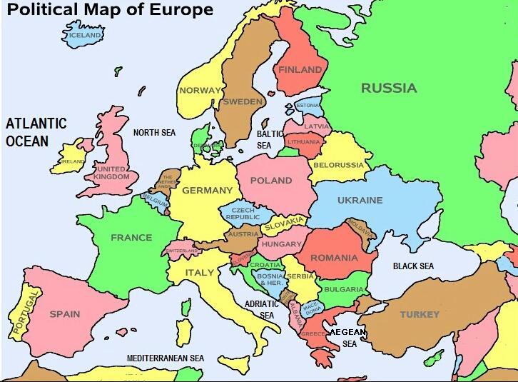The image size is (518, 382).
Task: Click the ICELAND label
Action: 85,35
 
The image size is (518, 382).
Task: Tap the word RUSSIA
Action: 388,89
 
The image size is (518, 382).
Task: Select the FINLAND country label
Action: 300,70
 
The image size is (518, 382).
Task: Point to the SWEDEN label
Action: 243,102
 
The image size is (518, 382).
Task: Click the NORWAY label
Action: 200,91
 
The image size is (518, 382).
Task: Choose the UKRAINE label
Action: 360,201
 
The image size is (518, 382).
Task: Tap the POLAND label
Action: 270,181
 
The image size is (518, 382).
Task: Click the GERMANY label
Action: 207,191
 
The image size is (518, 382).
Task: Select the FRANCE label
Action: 131,238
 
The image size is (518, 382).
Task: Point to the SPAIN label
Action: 64,314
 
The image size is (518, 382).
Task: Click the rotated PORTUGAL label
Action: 24,313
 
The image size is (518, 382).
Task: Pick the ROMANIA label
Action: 334,258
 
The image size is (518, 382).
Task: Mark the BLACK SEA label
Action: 413,266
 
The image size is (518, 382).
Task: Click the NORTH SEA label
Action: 154,133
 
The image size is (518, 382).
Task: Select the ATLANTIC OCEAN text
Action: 36,132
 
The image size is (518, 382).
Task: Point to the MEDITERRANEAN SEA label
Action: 166,358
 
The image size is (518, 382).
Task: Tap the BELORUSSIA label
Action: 337,165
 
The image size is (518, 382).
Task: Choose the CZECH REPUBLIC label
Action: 243,213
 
